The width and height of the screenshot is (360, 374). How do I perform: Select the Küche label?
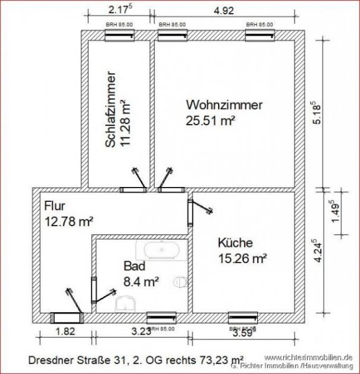point(232,242)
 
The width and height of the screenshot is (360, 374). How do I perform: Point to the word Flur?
point(54,204)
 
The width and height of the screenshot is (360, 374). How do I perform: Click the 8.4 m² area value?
point(141,281)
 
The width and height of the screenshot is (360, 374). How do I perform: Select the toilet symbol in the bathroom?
point(181,281)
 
